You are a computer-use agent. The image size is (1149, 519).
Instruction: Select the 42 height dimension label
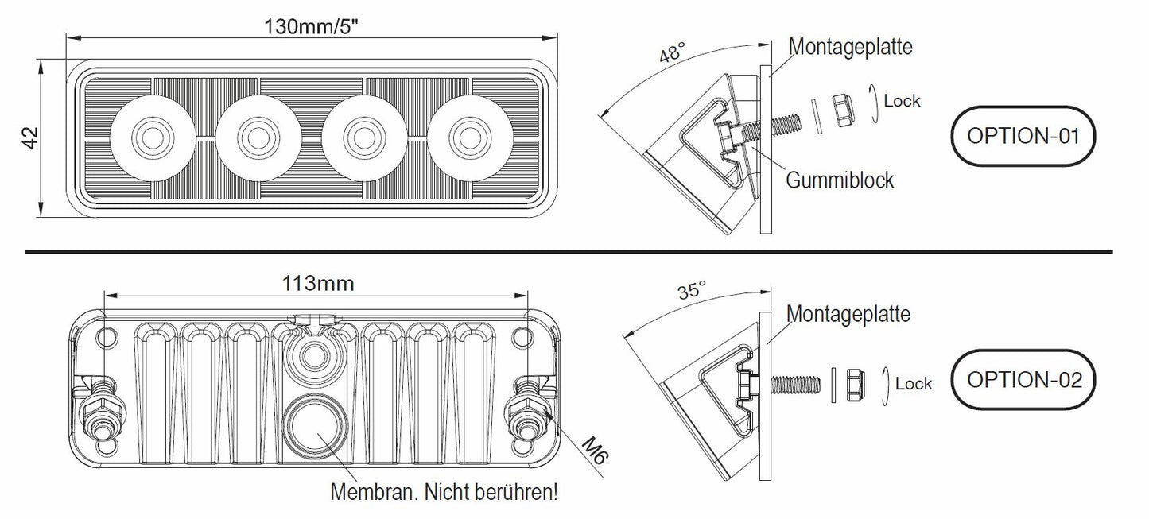(30, 137)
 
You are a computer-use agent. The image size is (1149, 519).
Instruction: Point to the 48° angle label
(671, 54)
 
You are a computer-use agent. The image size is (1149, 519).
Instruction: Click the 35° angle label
(691, 290)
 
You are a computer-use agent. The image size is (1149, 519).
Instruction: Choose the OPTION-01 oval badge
(1023, 135)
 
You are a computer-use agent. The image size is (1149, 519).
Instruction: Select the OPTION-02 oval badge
(1024, 379)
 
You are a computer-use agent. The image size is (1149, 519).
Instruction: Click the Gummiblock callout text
(840, 180)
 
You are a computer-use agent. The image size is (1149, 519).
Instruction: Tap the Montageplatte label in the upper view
(850, 46)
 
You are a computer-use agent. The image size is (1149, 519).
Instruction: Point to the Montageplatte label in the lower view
(848, 315)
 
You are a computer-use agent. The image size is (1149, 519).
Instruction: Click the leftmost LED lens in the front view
(150, 137)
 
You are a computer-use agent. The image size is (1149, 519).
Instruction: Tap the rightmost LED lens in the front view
(467, 137)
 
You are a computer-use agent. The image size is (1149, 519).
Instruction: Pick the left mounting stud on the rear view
(103, 409)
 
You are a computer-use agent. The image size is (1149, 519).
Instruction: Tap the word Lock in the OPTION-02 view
(913, 384)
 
